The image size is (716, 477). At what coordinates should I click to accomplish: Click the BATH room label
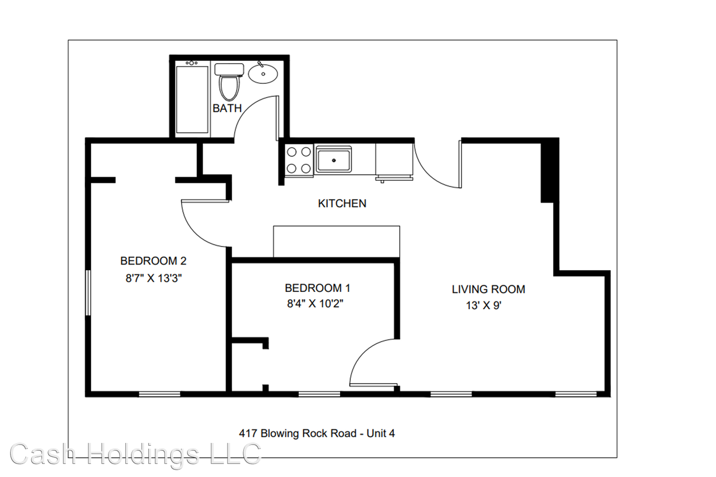227,108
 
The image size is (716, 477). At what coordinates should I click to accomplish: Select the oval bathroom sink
263,73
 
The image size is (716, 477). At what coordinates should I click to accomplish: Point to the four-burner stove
299,159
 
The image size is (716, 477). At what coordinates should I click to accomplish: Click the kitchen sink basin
333,159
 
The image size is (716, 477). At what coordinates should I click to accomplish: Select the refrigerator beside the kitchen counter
394,160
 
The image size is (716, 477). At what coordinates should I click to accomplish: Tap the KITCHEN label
342,204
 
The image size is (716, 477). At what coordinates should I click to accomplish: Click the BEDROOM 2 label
153,261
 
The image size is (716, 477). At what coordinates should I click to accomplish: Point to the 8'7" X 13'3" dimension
154,278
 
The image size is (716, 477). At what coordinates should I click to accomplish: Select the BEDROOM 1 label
317,288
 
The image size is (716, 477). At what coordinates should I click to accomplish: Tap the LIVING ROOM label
488,289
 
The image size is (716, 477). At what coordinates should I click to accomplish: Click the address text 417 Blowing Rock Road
317,433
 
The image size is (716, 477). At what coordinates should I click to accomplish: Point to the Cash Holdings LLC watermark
135,454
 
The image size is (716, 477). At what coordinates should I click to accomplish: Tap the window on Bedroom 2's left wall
87,292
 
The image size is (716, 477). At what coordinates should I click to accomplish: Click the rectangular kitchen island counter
336,241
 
